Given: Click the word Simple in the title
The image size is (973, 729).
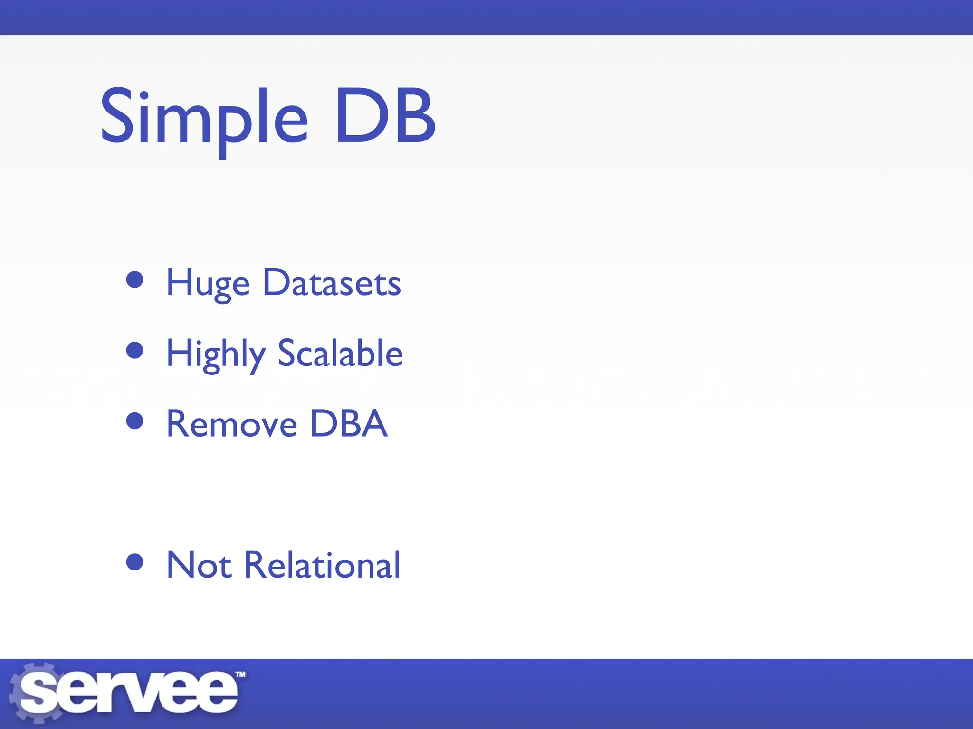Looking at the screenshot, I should (204, 119).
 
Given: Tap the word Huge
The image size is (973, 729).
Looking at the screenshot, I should (208, 283).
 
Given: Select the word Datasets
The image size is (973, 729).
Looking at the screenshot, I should (332, 283).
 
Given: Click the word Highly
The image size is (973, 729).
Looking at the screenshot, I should (215, 354).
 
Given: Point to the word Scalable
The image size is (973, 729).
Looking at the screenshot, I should (340, 354).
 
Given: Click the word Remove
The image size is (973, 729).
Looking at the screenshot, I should (231, 424).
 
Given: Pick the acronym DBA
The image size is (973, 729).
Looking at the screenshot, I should (348, 424).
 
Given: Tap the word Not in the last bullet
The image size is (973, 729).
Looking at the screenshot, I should (199, 565).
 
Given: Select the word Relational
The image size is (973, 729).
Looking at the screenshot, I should (322, 565).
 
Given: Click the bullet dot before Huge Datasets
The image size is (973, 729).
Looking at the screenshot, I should (135, 280).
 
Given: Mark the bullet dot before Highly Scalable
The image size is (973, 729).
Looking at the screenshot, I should (135, 350).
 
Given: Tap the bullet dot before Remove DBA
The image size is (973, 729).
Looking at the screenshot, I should (135, 421).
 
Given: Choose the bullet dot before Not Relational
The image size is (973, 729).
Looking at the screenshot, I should (135, 562).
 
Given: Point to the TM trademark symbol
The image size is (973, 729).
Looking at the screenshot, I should (240, 674).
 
